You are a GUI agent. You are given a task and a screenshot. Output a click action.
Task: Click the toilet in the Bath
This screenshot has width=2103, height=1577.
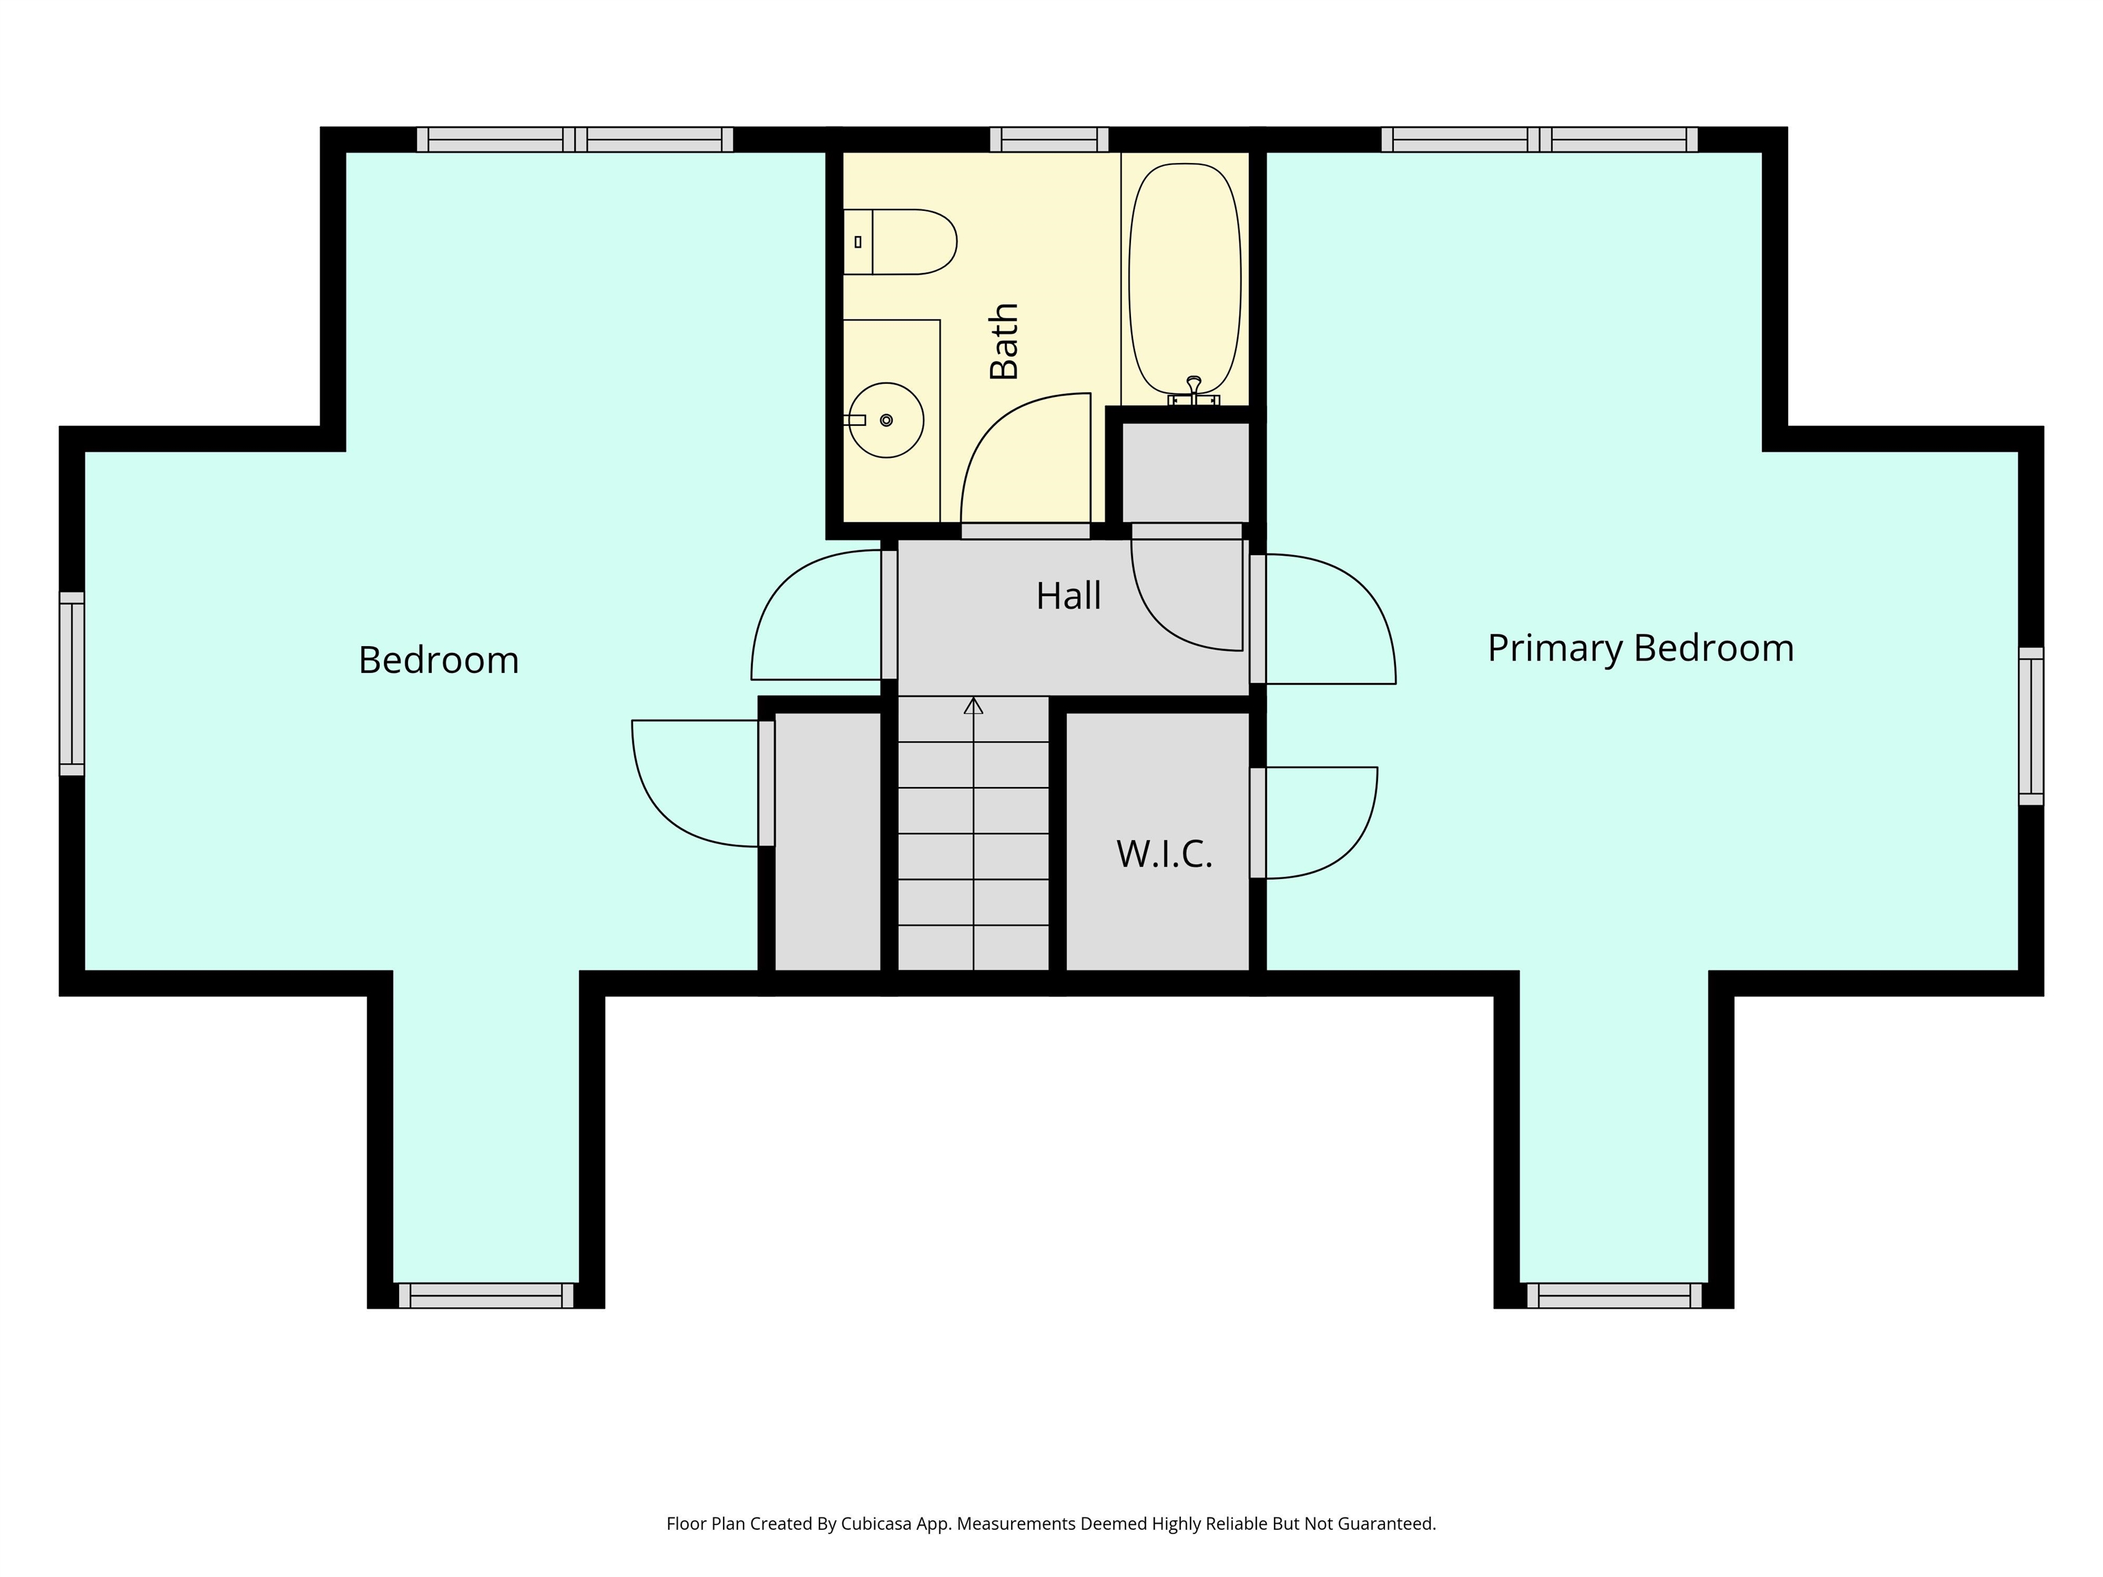click(x=900, y=242)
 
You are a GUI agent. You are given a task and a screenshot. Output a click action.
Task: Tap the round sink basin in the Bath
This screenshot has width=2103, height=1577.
click(x=886, y=420)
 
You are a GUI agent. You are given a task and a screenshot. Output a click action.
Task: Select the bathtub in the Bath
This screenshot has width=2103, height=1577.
click(x=1184, y=279)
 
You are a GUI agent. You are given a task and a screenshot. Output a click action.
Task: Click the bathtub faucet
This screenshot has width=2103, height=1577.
click(x=1194, y=392)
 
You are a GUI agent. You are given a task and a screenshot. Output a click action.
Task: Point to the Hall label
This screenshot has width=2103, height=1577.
click(x=1069, y=596)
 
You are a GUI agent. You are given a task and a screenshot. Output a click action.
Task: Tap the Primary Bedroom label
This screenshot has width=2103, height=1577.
click(x=1641, y=648)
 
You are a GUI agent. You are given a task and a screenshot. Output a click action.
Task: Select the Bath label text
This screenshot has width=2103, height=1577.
click(x=1004, y=342)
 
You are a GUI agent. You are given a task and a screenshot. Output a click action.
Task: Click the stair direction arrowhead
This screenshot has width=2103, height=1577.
click(x=973, y=705)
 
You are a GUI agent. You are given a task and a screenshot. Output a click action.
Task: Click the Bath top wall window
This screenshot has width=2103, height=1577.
click(x=1049, y=140)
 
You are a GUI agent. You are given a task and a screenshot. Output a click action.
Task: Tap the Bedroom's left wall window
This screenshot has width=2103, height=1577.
click(x=73, y=684)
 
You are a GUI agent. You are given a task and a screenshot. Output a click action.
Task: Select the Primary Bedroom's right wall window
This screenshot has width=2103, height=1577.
click(x=2030, y=726)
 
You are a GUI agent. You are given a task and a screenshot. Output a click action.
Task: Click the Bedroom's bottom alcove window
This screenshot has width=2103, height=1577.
click(x=486, y=1296)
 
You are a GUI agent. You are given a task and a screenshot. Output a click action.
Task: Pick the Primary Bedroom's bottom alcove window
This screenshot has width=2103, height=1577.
click(x=1614, y=1296)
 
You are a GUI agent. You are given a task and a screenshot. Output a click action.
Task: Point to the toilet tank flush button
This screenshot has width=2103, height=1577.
click(x=858, y=242)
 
